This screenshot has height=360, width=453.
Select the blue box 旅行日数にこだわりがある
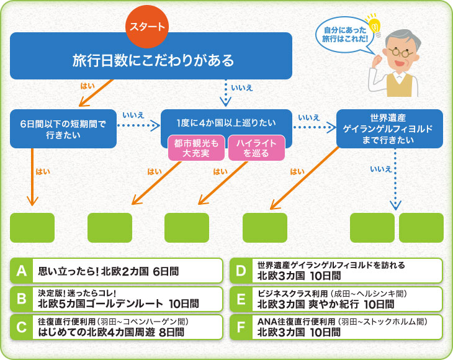point(151,60)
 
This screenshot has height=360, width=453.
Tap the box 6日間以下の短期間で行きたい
point(63,128)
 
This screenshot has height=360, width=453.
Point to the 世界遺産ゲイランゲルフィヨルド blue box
point(389,128)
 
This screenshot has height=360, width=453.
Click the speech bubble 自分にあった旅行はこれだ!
point(341,34)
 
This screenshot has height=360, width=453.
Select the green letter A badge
point(20,271)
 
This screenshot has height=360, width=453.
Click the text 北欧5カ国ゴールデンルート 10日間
point(119,304)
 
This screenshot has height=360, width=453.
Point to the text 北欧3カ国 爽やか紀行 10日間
point(326,304)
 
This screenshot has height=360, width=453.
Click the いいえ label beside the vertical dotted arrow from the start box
point(242,88)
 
